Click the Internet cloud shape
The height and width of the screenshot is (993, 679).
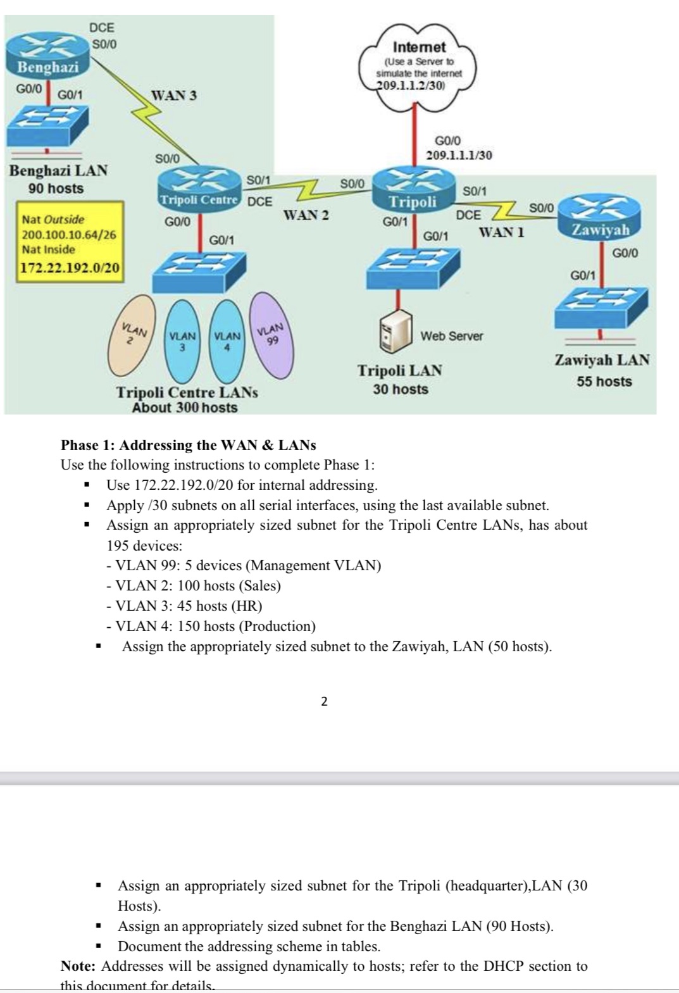pyautogui.click(x=419, y=66)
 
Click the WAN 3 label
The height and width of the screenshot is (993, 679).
pyautogui.click(x=174, y=96)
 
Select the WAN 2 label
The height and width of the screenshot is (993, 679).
pyautogui.click(x=306, y=215)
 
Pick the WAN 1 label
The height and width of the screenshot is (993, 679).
pyautogui.click(x=501, y=232)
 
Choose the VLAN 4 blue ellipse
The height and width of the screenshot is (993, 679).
pyautogui.click(x=227, y=342)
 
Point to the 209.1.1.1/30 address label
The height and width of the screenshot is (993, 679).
pyautogui.click(x=459, y=155)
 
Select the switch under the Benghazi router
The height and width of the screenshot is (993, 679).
pyautogui.click(x=47, y=124)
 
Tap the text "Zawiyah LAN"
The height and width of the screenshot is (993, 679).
pyautogui.click(x=602, y=360)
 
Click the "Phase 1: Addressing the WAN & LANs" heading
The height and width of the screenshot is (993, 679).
pyautogui.click(x=188, y=445)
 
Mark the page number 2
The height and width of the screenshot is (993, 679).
pyautogui.click(x=324, y=701)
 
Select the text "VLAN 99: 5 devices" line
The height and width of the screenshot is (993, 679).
pyautogui.click(x=244, y=565)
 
